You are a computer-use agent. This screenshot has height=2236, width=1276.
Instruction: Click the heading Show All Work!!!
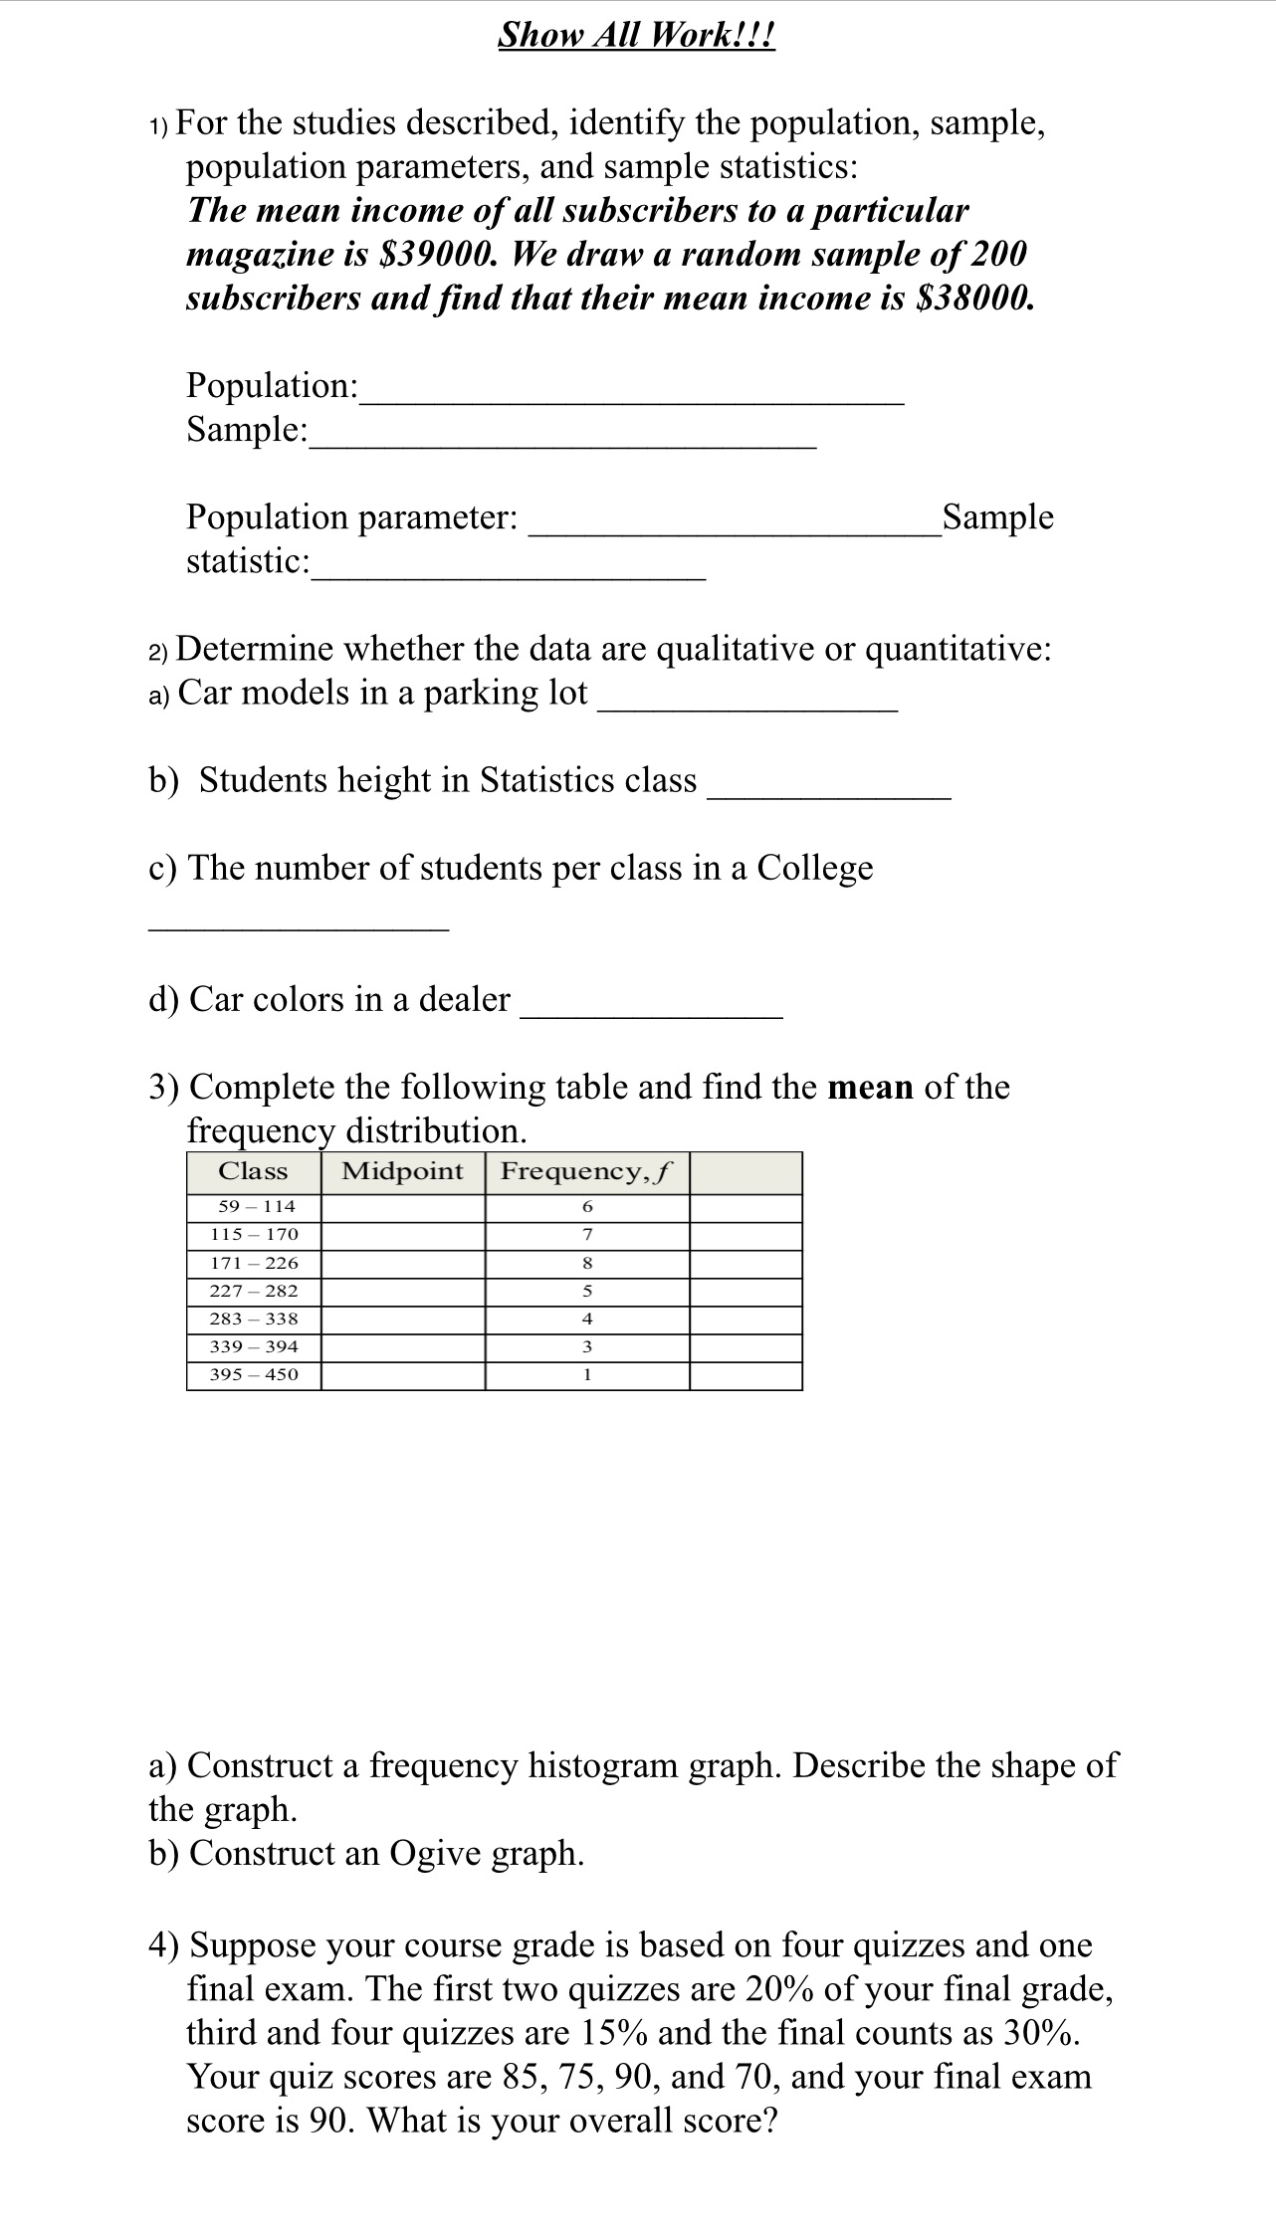[x=636, y=35]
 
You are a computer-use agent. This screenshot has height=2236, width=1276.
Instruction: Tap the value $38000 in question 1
[x=972, y=299]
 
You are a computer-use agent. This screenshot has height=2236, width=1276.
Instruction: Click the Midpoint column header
[x=402, y=1171]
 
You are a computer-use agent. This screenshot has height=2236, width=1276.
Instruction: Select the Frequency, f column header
[x=586, y=1171]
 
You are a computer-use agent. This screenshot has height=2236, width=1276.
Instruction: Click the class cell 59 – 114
[x=256, y=1206]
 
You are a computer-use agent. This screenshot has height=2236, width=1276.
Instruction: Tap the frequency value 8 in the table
[x=586, y=1263]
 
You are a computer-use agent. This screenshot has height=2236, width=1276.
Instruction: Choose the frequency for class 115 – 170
[x=586, y=1235]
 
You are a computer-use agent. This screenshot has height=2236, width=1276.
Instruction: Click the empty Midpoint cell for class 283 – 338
[x=402, y=1319]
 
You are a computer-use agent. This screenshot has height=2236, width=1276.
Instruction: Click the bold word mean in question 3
[x=870, y=1087]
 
